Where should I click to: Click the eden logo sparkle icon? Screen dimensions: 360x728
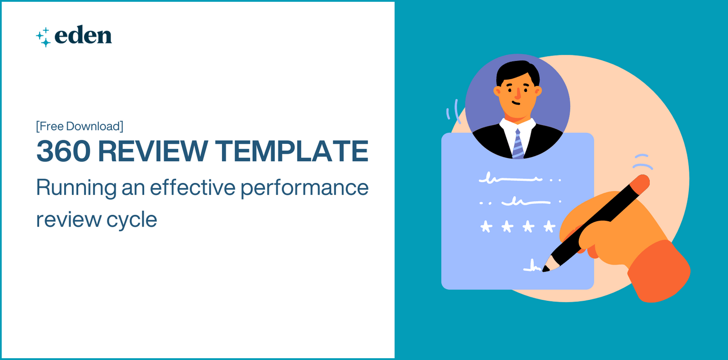click(44, 37)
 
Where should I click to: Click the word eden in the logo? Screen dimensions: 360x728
click(83, 36)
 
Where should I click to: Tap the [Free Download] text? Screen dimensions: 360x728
click(80, 126)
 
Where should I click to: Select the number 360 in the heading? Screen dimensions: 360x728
click(63, 152)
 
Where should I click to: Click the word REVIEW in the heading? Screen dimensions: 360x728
click(153, 152)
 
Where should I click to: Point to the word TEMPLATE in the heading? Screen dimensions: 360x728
click(292, 152)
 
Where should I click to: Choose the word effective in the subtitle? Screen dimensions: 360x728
click(192, 188)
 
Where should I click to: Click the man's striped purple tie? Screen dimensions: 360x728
click(518, 144)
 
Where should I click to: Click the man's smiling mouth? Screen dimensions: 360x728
click(516, 103)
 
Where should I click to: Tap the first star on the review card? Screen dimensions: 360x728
click(486, 226)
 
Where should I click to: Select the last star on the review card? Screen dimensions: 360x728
click(550, 226)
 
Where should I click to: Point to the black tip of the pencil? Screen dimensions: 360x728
click(546, 269)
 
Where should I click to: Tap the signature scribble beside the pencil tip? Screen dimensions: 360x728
click(531, 267)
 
